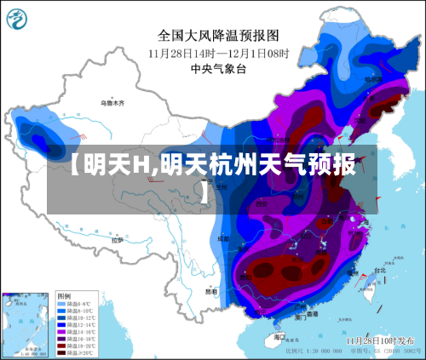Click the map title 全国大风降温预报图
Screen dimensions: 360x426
(x=218, y=36)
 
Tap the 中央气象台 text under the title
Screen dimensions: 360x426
(x=217, y=69)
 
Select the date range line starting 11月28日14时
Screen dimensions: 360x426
(x=218, y=53)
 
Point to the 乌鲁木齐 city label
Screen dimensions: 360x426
(x=112, y=103)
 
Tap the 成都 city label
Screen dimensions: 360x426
(x=223, y=239)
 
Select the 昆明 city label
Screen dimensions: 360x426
(x=210, y=291)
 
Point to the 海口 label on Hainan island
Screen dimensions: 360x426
(x=279, y=337)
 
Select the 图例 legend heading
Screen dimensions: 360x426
(x=65, y=296)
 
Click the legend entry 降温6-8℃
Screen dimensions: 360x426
(x=77, y=303)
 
